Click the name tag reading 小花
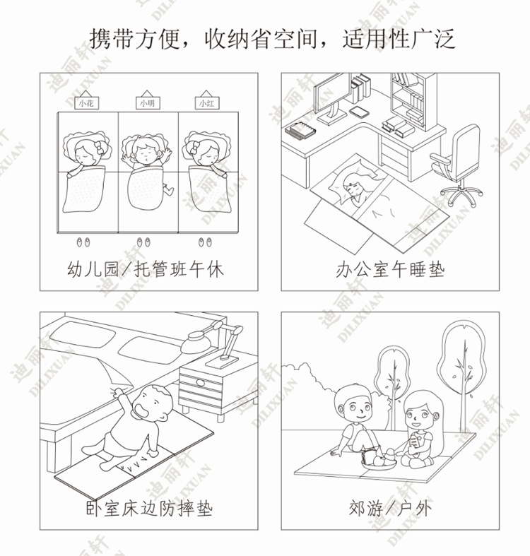click(86, 103)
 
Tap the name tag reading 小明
click(146, 103)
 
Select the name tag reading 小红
click(206, 103)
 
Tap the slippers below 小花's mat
click(84, 242)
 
